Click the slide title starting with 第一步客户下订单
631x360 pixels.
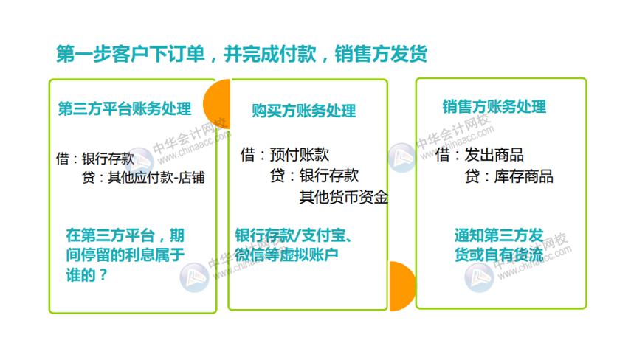pyautogui.click(x=241, y=55)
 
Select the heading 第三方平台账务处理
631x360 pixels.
pyautogui.click(x=124, y=108)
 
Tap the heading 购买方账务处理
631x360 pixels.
pyautogui.click(x=303, y=111)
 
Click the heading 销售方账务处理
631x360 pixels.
pyautogui.click(x=494, y=107)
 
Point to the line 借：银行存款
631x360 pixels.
pyautogui.click(x=95, y=159)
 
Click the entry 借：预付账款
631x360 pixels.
pyautogui.click(x=284, y=155)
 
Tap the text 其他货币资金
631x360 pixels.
pyautogui.click(x=343, y=197)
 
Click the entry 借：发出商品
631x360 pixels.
pyautogui.click(x=479, y=155)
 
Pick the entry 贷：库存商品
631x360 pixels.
pyautogui.click(x=508, y=176)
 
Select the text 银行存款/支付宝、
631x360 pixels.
pyautogui.click(x=297, y=236)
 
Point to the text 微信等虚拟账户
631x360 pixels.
pyautogui.click(x=286, y=255)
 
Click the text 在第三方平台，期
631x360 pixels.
pyautogui.click(x=125, y=236)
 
